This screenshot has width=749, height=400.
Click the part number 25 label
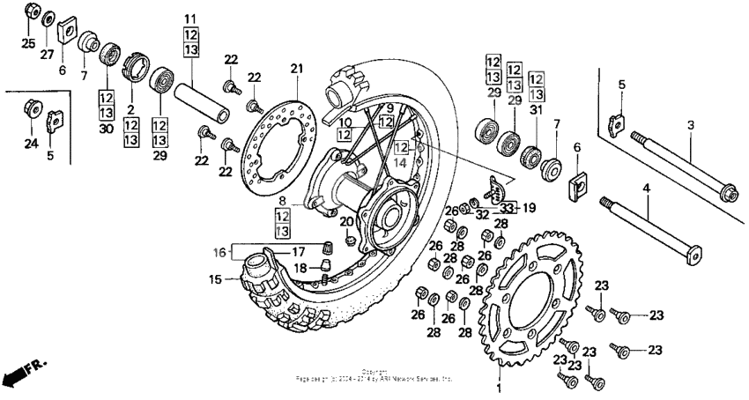point(28,43)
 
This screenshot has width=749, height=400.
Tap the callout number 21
point(296,69)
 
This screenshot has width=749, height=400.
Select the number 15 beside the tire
point(215,280)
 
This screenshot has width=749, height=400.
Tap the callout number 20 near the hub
point(346,221)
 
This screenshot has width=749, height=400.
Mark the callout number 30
point(107,129)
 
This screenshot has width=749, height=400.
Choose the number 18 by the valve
point(300,268)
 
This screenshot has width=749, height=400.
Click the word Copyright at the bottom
point(374,372)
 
